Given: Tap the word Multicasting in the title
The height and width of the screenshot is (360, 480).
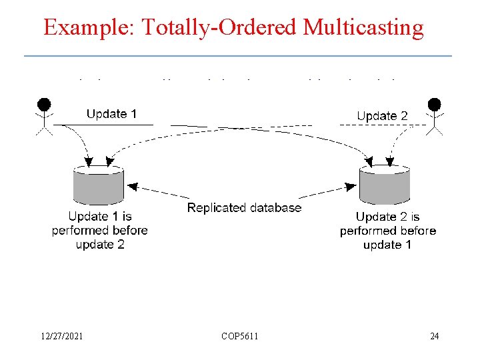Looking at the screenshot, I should (x=363, y=28).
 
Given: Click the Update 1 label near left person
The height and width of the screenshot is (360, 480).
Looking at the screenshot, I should (x=111, y=114).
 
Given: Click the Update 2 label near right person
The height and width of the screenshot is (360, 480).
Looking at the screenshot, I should (x=382, y=116).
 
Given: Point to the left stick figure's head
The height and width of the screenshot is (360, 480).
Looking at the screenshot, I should (x=44, y=104).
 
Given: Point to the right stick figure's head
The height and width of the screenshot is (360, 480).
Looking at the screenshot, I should (x=435, y=104).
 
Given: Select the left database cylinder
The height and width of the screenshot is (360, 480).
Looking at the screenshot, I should (x=99, y=185).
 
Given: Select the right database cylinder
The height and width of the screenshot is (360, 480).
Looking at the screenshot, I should (x=385, y=185).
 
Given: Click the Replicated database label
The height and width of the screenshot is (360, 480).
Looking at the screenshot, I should (x=244, y=207).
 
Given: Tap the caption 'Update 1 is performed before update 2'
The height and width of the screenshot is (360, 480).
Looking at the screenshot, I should (x=99, y=230).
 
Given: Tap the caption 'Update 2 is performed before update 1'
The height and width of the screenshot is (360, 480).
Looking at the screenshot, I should (x=387, y=231).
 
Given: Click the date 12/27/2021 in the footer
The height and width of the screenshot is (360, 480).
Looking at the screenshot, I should (x=61, y=336).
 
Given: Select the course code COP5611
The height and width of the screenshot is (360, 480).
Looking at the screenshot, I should (x=240, y=336).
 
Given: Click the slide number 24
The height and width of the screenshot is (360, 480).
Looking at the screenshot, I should (x=434, y=336).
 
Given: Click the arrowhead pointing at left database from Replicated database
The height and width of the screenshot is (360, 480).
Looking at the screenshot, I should (x=132, y=187).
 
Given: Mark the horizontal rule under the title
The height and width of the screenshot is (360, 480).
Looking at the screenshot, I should (x=238, y=55).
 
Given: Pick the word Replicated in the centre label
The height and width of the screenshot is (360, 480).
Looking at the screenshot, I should (x=217, y=207).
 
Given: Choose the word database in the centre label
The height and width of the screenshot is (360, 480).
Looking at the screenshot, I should (x=275, y=207).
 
